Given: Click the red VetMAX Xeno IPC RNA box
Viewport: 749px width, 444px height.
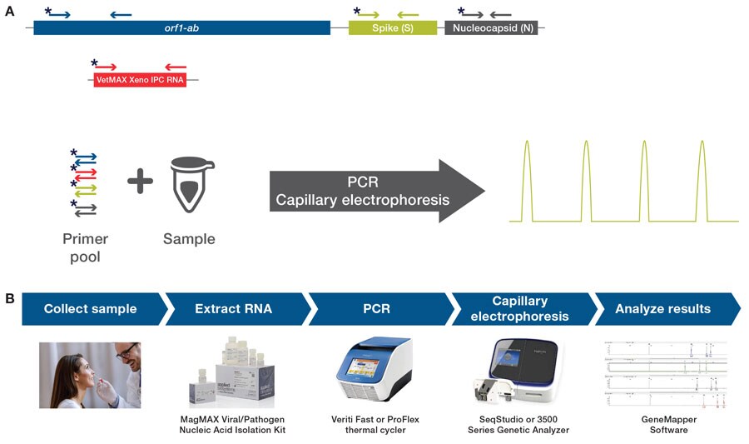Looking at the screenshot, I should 140,81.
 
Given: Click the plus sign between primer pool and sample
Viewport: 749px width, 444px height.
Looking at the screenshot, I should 140,182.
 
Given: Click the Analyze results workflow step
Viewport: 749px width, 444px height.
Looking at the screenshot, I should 662,309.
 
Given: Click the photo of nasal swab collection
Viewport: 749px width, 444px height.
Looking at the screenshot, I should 90,375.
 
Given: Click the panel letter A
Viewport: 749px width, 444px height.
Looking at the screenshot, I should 9,10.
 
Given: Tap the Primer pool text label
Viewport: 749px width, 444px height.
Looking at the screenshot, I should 85,247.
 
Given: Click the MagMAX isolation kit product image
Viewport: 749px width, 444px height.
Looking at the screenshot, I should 234,374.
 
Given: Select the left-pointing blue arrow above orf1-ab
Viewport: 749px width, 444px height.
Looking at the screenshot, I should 121,14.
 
